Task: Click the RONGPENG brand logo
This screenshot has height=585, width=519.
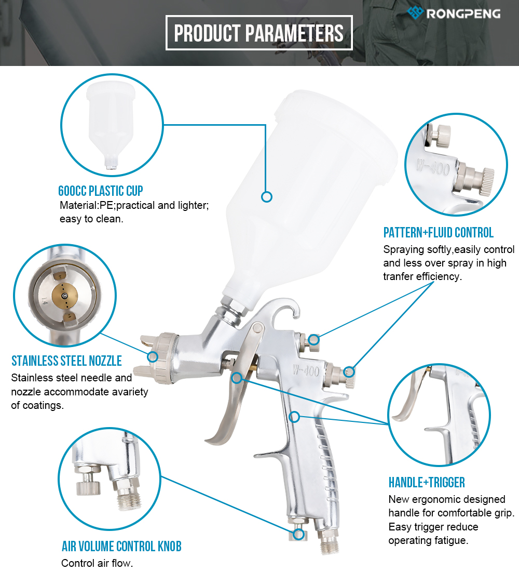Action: (x=454, y=13)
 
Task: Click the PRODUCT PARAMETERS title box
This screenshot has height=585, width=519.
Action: (x=259, y=33)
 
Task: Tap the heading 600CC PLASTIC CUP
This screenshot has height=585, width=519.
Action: (x=101, y=191)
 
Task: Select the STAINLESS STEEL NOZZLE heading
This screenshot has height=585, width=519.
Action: (x=66, y=361)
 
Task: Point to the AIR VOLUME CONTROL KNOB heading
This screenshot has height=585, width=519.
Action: (x=121, y=546)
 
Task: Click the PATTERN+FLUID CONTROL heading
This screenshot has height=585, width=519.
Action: (x=439, y=232)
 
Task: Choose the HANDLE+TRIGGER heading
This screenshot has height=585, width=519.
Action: (x=427, y=483)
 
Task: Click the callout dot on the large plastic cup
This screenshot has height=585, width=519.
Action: (x=267, y=196)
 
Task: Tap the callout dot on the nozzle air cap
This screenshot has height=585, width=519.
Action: (x=153, y=357)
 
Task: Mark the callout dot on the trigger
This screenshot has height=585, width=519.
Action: (x=237, y=378)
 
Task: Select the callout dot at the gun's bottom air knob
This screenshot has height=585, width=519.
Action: (x=298, y=534)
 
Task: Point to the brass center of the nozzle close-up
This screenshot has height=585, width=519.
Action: (x=65, y=296)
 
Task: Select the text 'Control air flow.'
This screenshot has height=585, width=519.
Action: (x=97, y=563)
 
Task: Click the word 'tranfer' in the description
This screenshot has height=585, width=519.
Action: (x=398, y=276)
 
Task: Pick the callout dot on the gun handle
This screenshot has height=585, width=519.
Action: (x=294, y=416)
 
